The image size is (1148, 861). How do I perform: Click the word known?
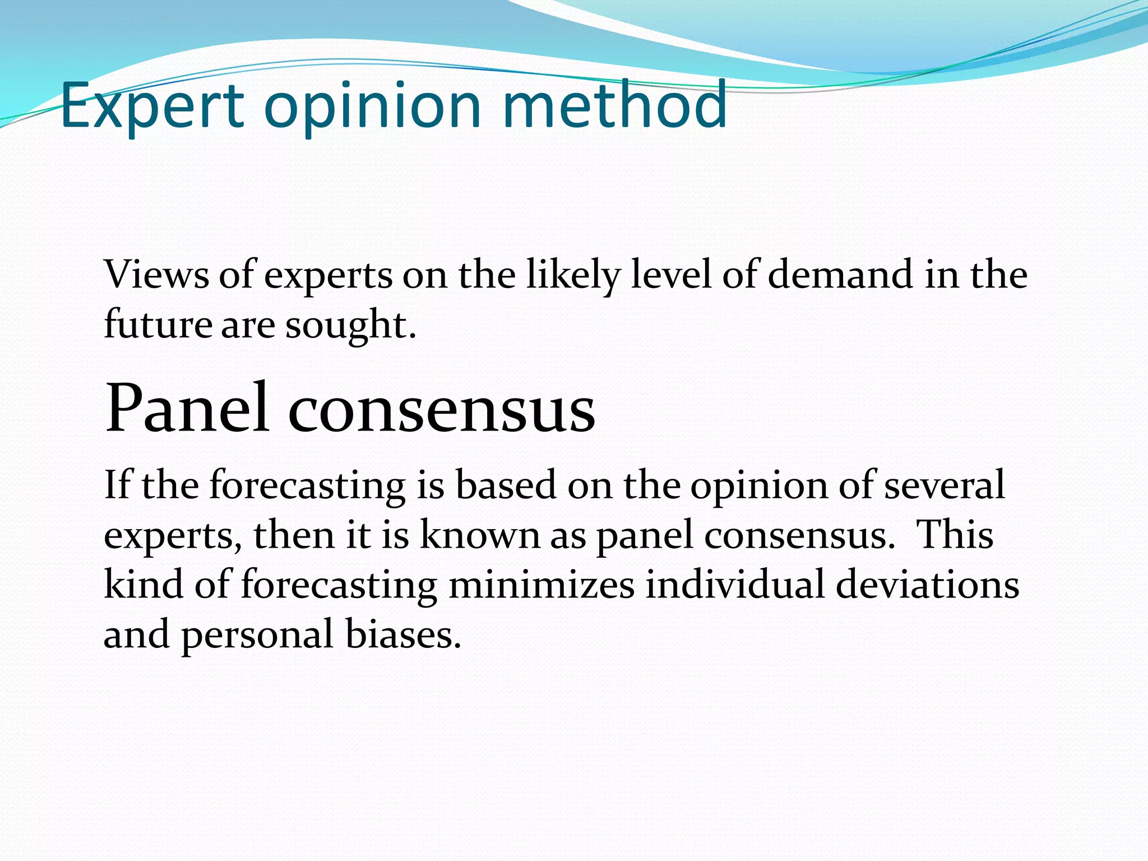pos(480,534)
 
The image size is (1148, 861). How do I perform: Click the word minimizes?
pos(541,584)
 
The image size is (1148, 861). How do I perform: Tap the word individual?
pos(734,584)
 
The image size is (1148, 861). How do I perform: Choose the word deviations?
pos(927,584)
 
